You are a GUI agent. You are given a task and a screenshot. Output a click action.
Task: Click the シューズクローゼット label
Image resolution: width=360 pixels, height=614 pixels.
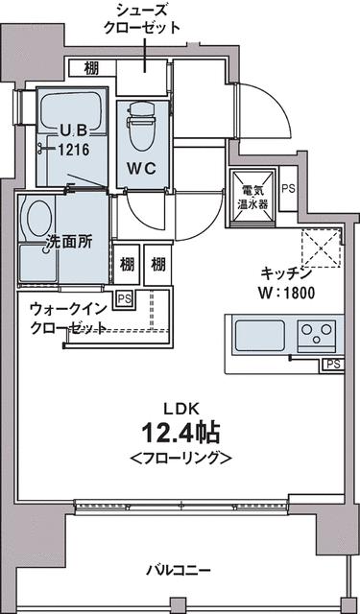click(x=143, y=18)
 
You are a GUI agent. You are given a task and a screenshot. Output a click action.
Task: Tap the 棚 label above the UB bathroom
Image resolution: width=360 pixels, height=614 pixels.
click(x=90, y=67)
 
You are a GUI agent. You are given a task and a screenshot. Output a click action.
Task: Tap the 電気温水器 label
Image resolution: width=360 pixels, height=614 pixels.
click(x=254, y=197)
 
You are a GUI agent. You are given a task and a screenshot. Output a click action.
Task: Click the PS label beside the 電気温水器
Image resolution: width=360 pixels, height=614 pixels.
click(x=288, y=189)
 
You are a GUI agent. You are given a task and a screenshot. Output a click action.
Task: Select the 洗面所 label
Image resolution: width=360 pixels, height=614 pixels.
click(x=70, y=243)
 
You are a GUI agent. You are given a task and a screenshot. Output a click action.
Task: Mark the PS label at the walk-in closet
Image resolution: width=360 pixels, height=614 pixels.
click(x=123, y=298)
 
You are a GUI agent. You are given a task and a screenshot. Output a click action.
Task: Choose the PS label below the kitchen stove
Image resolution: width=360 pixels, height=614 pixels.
click(x=332, y=365)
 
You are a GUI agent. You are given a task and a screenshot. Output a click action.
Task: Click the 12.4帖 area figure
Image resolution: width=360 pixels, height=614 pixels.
click(x=180, y=428)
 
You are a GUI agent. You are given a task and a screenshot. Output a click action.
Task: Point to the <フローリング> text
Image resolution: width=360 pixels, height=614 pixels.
click(x=180, y=457)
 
